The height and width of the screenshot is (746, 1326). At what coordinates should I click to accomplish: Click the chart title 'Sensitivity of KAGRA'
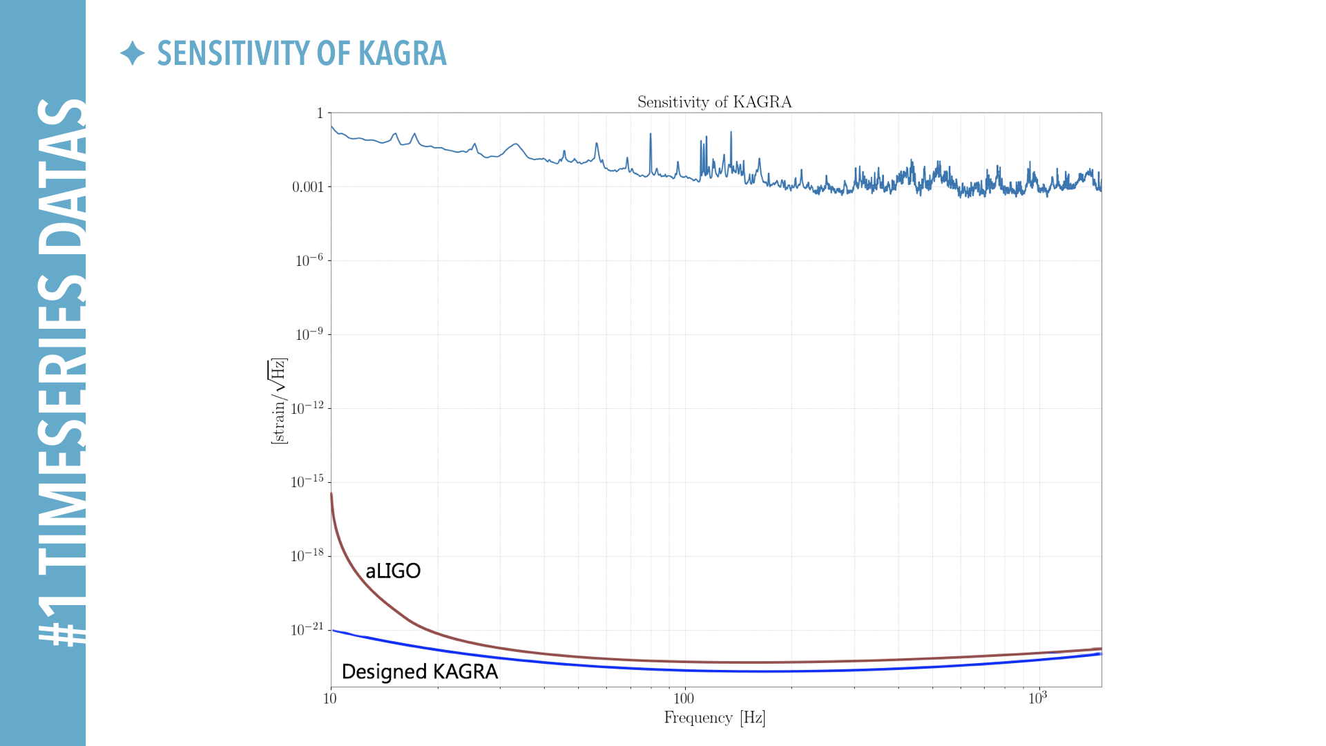[714, 102]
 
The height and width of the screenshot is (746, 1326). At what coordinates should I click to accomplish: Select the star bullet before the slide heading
[132, 53]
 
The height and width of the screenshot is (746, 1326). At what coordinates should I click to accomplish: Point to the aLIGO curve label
[393, 571]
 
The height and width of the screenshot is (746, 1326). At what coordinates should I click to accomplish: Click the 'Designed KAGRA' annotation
[419, 671]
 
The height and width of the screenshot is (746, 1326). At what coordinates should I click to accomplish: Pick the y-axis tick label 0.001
[307, 187]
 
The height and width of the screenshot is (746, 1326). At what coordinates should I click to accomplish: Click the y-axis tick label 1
[320, 113]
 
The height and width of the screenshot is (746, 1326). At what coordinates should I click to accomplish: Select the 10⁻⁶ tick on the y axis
[309, 260]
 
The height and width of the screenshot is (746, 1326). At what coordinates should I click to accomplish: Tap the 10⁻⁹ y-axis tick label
[309, 334]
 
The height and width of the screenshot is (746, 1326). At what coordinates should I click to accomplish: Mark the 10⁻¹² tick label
[307, 408]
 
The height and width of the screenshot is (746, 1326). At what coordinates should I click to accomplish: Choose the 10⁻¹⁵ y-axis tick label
[307, 481]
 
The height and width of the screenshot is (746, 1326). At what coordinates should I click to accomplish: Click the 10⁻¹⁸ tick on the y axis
[307, 555]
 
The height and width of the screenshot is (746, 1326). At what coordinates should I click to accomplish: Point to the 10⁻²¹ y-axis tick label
[307, 629]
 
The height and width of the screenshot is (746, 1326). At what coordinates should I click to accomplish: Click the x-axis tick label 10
[330, 698]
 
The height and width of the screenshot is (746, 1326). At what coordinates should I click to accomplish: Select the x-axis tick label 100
[683, 698]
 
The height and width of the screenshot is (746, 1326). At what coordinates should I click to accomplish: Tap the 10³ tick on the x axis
[1037, 698]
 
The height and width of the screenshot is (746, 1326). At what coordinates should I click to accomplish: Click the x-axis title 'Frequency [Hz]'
[715, 718]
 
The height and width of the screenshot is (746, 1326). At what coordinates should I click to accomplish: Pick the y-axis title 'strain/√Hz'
[278, 401]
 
